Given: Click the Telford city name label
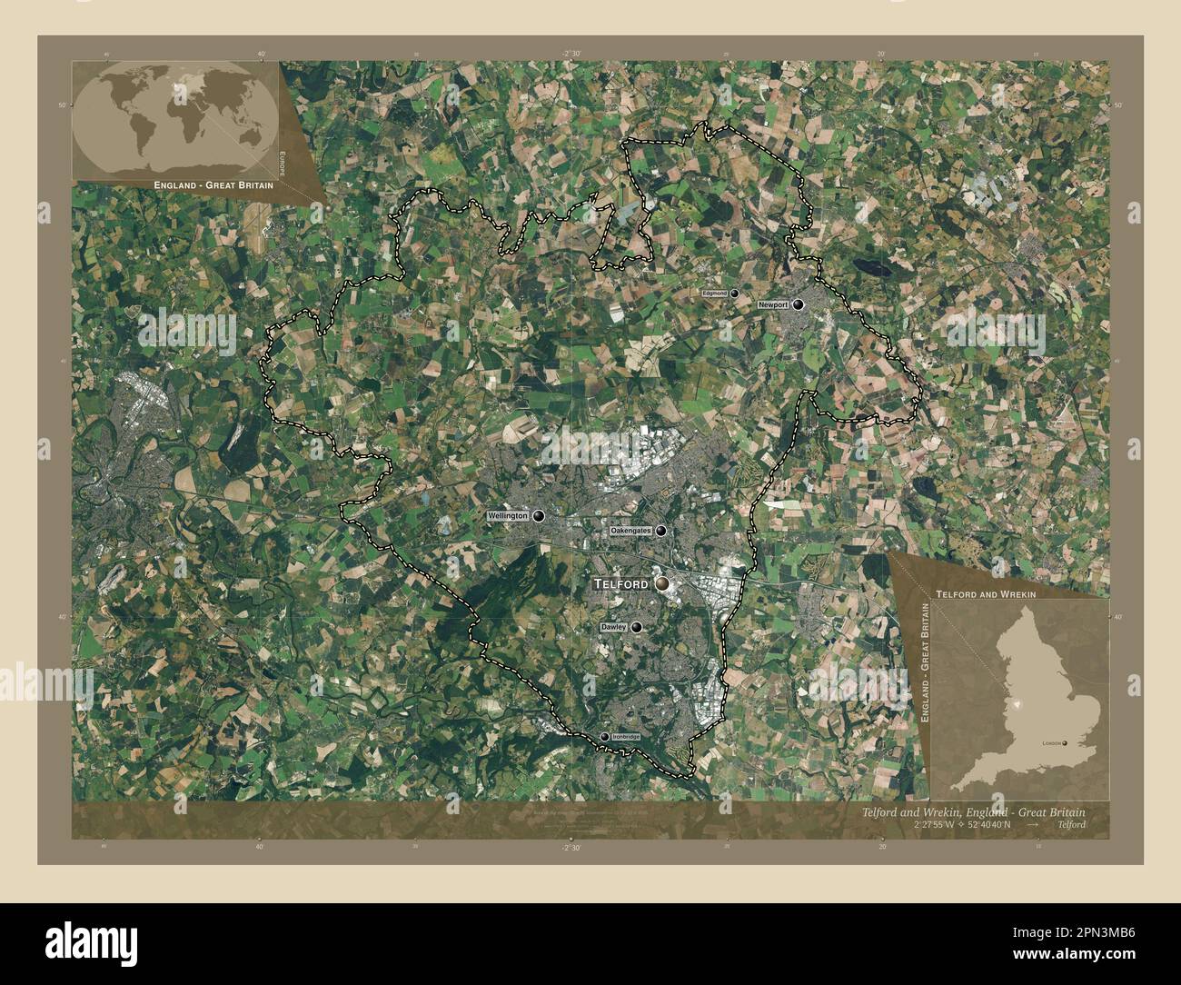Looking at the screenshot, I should pyautogui.click(x=621, y=583).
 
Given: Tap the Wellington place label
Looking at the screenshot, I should pyautogui.click(x=508, y=516).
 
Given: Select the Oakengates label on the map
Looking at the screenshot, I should pyautogui.click(x=631, y=531).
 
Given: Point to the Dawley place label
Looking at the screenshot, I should pyautogui.click(x=613, y=628).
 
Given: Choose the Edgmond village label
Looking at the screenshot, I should pyautogui.click(x=714, y=294).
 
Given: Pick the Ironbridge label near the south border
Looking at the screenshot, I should pyautogui.click(x=626, y=737).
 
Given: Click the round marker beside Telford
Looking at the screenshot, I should pyautogui.click(x=662, y=583).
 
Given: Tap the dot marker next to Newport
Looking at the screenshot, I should pyautogui.click(x=798, y=304).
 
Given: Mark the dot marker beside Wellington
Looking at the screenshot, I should pyautogui.click(x=539, y=516).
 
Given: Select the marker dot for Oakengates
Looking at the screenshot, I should pyautogui.click(x=660, y=531).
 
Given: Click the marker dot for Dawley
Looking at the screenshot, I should pyautogui.click(x=637, y=627).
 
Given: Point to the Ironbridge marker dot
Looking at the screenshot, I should pyautogui.click(x=604, y=737).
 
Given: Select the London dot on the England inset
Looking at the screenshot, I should pyautogui.click(x=1067, y=743).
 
